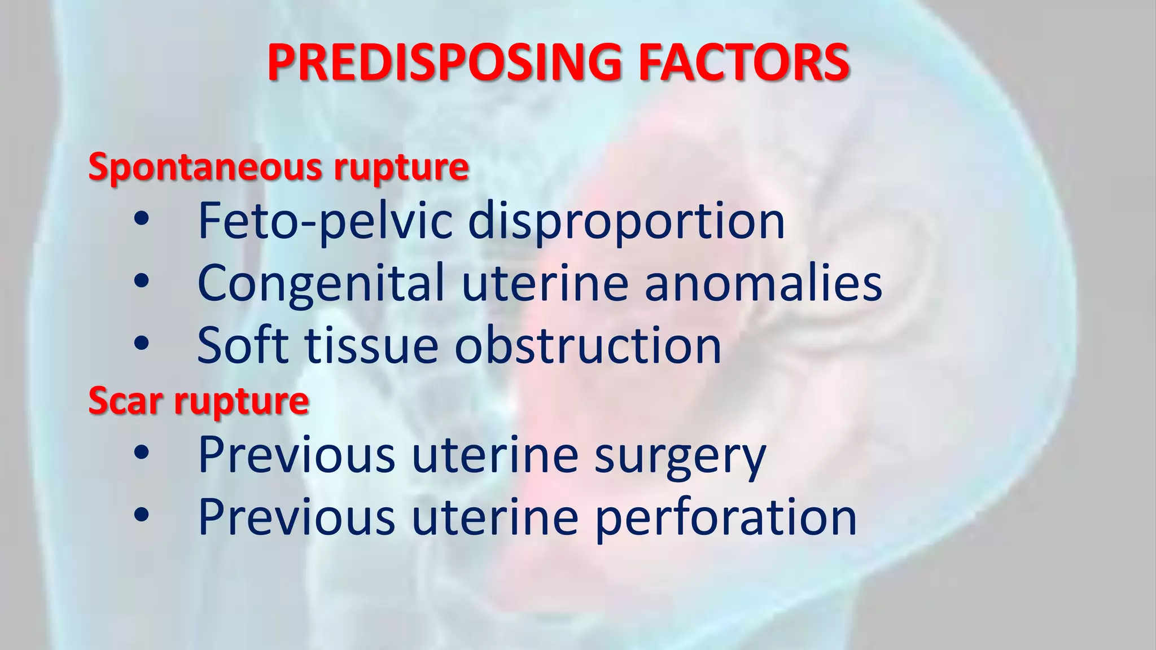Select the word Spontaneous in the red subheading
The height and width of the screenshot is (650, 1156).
tap(207, 168)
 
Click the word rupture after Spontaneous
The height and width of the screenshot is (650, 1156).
tap(401, 168)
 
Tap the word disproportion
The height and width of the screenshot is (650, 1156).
tap(627, 221)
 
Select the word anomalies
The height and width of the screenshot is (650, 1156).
tap(763, 283)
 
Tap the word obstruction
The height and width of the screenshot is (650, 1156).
tap(588, 345)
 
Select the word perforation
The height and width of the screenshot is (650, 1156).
tap(726, 517)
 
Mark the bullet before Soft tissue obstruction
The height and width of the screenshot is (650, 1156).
tap(142, 343)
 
